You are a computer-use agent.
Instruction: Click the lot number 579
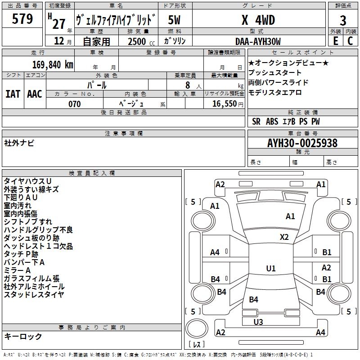[x=22, y=19]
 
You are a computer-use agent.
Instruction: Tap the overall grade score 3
[x=343, y=20]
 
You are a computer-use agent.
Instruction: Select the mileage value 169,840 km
[x=53, y=65]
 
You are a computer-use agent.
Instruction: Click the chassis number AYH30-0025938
[x=302, y=143]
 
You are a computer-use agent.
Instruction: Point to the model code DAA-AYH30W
[x=258, y=41]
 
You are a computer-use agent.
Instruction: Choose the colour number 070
[x=75, y=104]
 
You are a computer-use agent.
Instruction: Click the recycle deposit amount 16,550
[x=224, y=104]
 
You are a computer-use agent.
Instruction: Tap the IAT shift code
[x=13, y=94]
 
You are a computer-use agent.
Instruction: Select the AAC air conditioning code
[x=35, y=94]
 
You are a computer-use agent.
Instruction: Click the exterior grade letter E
[x=336, y=41]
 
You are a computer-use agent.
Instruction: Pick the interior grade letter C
[x=350, y=41]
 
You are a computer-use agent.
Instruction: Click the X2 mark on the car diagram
[x=284, y=237]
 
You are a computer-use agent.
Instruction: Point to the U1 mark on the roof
[x=271, y=268]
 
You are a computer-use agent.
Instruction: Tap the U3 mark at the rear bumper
[x=258, y=322]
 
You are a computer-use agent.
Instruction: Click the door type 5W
[x=174, y=20]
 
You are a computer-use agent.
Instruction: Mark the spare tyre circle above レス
[x=197, y=328]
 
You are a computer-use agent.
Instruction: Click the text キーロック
[x=23, y=336]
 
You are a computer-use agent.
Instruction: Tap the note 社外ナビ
[x=19, y=143]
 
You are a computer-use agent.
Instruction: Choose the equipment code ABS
[x=272, y=121]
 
